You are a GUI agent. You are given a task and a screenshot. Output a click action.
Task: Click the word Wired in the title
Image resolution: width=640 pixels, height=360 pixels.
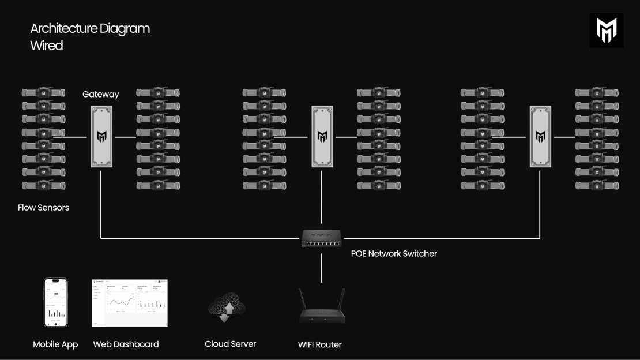coord(47,46)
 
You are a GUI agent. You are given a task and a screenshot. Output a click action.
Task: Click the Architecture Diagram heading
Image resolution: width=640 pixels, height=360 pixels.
coord(90,28)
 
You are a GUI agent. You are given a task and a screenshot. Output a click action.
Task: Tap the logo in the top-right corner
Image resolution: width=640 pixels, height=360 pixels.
coord(607,30)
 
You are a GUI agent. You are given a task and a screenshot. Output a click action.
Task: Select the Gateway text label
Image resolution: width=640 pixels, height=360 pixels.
coord(101,94)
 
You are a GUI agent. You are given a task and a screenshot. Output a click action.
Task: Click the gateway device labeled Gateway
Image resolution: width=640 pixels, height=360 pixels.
coord(101,137)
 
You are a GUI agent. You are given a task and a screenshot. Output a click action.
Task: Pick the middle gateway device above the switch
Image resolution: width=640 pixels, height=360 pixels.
coord(322,137)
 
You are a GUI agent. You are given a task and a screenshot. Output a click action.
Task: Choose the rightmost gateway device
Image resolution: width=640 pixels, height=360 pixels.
coord(540,137)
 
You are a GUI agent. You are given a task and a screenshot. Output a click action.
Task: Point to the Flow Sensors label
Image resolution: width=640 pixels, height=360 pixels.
coord(43,207)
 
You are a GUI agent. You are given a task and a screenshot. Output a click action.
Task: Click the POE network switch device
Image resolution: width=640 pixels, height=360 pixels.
coord(321,238)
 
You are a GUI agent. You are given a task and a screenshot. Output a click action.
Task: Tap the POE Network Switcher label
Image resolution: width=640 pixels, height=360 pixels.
coord(394,253)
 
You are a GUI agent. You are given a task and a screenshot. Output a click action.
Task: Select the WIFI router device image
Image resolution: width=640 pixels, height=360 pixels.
coord(321,312)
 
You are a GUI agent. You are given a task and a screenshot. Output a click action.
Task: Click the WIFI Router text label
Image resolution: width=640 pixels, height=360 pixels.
coord(319,344)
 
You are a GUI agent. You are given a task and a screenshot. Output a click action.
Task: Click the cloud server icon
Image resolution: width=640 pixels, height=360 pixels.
coord(227,309)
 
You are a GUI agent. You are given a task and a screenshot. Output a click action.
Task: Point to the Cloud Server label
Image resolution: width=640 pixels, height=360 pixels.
coord(230,344)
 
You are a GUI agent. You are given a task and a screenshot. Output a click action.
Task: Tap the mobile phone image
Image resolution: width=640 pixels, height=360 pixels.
coord(56,302)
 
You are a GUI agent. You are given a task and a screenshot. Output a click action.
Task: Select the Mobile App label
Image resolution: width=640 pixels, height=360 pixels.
coord(55,344)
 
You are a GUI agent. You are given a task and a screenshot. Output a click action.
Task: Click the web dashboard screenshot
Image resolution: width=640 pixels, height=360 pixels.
coord(130,303)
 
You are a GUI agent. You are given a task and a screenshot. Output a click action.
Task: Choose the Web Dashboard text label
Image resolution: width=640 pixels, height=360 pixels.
coord(126,344)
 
